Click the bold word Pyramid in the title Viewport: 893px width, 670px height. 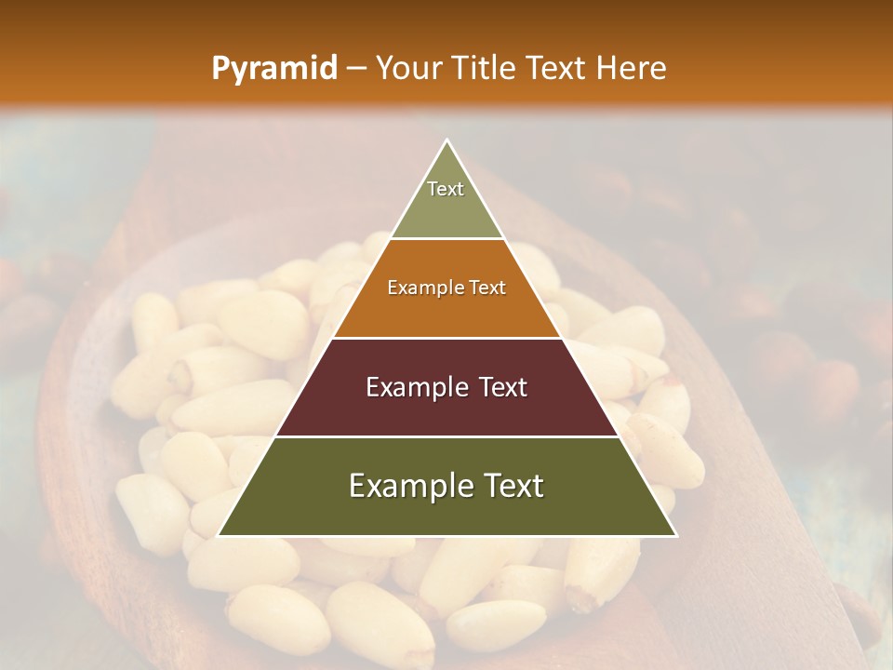coord(273,69)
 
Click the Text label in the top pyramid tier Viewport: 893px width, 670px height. coord(446,189)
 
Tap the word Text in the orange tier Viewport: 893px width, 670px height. coord(487,288)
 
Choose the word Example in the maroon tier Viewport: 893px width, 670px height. coord(412,387)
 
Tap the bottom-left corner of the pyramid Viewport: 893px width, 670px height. coord(219,535)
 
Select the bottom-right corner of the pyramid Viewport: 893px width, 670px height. coord(675,535)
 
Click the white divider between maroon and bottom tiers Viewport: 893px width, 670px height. coord(446,436)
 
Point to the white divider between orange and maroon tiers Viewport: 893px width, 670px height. coord(446,338)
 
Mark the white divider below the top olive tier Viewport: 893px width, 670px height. coord(446,238)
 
